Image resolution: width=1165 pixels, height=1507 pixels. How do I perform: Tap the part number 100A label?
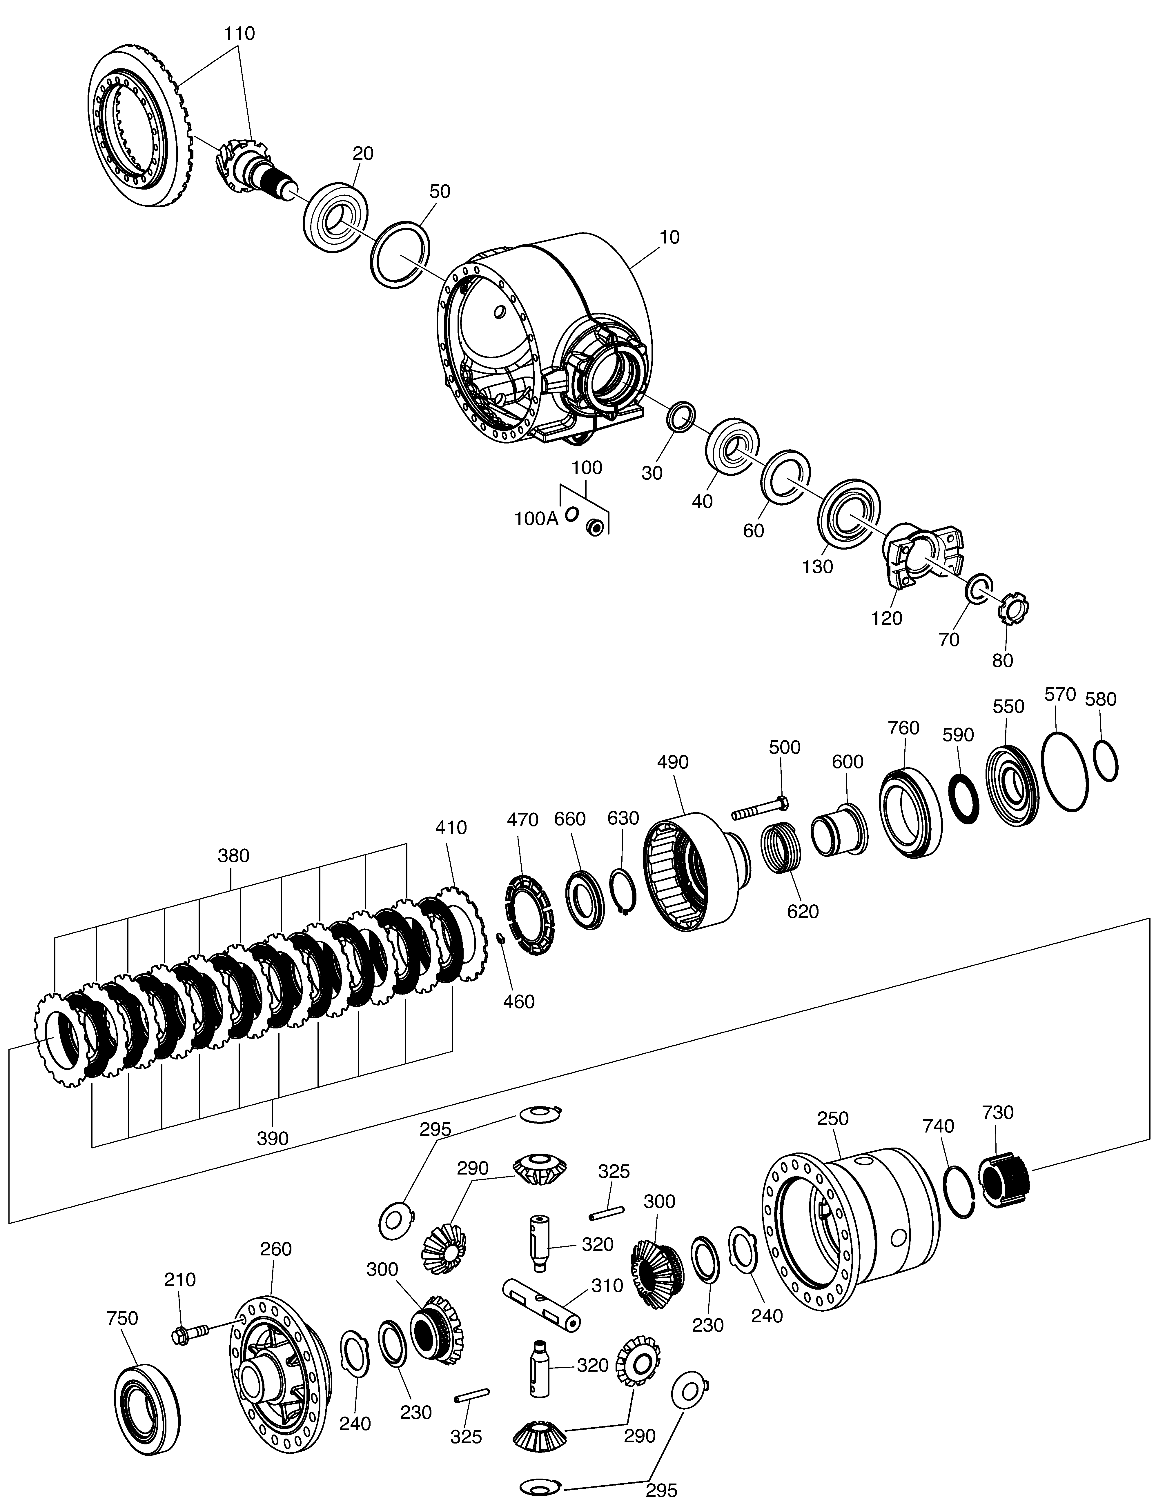pyautogui.click(x=536, y=519)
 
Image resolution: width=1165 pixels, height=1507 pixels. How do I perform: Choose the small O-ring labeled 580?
pyautogui.click(x=1106, y=761)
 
